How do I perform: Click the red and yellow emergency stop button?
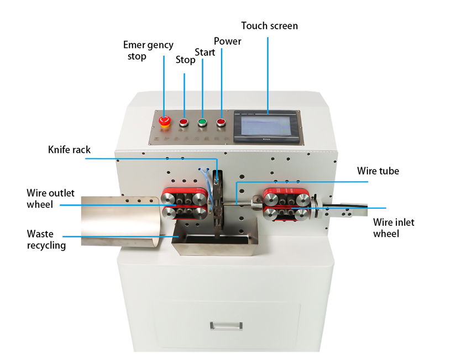[x=164, y=120]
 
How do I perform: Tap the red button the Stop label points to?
[x=183, y=121]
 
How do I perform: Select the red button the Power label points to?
[x=221, y=121]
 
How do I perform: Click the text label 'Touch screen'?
[x=270, y=26]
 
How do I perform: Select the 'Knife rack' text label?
[x=69, y=150]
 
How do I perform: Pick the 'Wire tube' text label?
[x=378, y=171]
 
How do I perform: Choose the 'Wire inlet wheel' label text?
[x=394, y=228]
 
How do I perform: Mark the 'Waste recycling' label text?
[x=46, y=240]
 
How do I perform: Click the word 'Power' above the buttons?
[x=228, y=41]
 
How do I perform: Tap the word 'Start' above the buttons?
[x=204, y=52]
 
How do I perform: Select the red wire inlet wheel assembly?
[x=286, y=205]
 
